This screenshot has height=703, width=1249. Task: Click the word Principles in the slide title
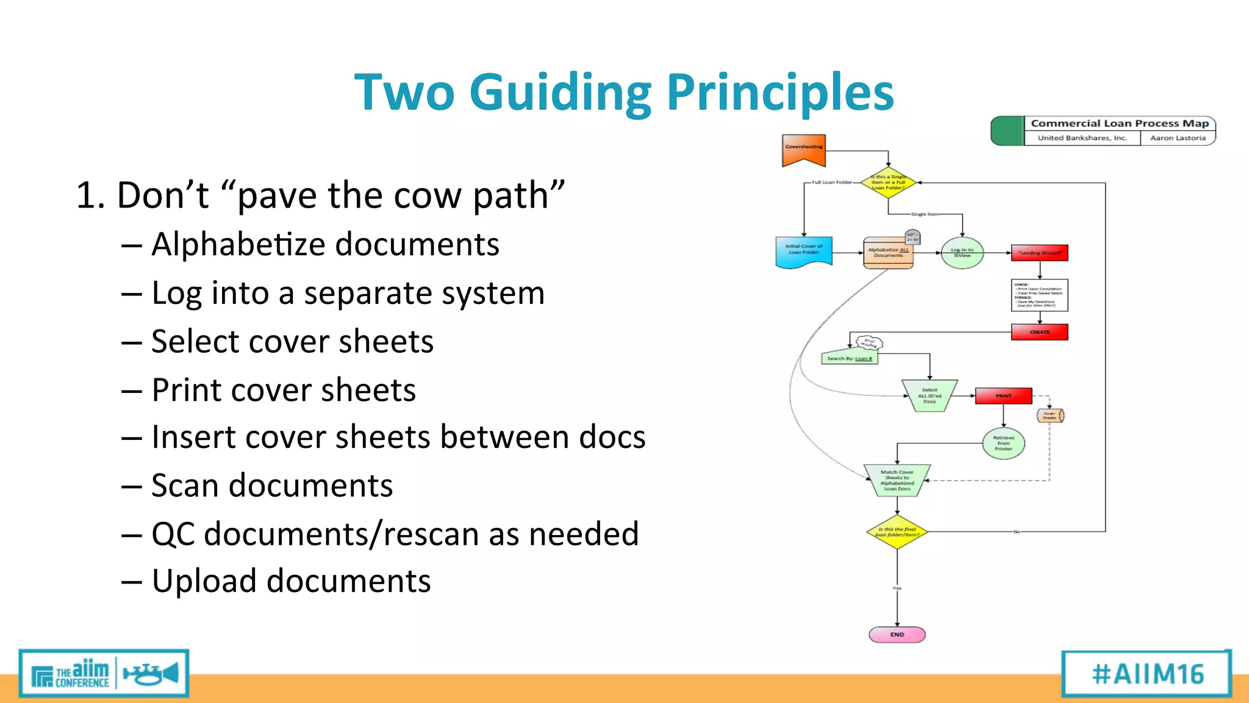[x=780, y=93]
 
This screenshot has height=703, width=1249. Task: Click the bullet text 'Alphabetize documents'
[x=325, y=245]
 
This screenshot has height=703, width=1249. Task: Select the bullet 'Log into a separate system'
[x=348, y=294]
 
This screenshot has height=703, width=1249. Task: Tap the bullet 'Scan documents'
[x=272, y=486]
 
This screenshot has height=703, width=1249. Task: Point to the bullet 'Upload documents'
[x=291, y=581]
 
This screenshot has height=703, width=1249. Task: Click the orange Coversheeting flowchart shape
[x=804, y=150]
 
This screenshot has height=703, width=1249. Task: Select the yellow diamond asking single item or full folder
[x=888, y=182]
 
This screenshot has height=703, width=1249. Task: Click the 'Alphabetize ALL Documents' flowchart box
[x=888, y=253]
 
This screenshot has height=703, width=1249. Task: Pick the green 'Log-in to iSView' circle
[x=962, y=253]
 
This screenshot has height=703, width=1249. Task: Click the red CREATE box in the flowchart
[x=1039, y=332]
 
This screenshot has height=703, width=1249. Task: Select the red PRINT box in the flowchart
[x=1003, y=396]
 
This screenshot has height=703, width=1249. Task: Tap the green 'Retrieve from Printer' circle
[x=1003, y=444]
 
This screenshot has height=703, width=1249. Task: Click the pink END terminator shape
[x=896, y=635]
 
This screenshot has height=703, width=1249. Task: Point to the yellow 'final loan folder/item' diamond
[x=896, y=532]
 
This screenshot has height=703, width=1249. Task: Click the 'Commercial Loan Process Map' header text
[x=1120, y=123]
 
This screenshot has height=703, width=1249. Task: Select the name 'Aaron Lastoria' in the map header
[x=1178, y=138]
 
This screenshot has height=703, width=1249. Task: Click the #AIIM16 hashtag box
[x=1147, y=674]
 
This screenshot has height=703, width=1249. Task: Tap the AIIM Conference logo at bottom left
[x=104, y=674]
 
